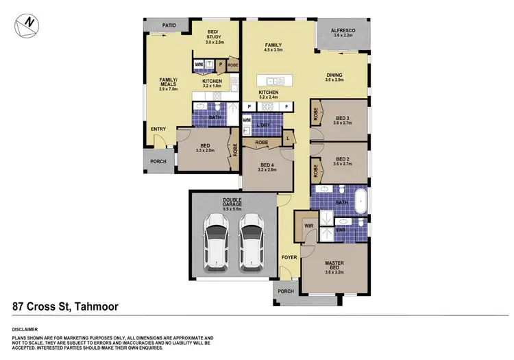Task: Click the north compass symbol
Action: (26, 25)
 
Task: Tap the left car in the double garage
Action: (217, 241)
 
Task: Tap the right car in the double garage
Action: (251, 241)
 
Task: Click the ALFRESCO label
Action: (343, 31)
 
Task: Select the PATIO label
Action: (170, 25)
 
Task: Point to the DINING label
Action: (334, 75)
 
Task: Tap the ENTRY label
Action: (158, 129)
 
